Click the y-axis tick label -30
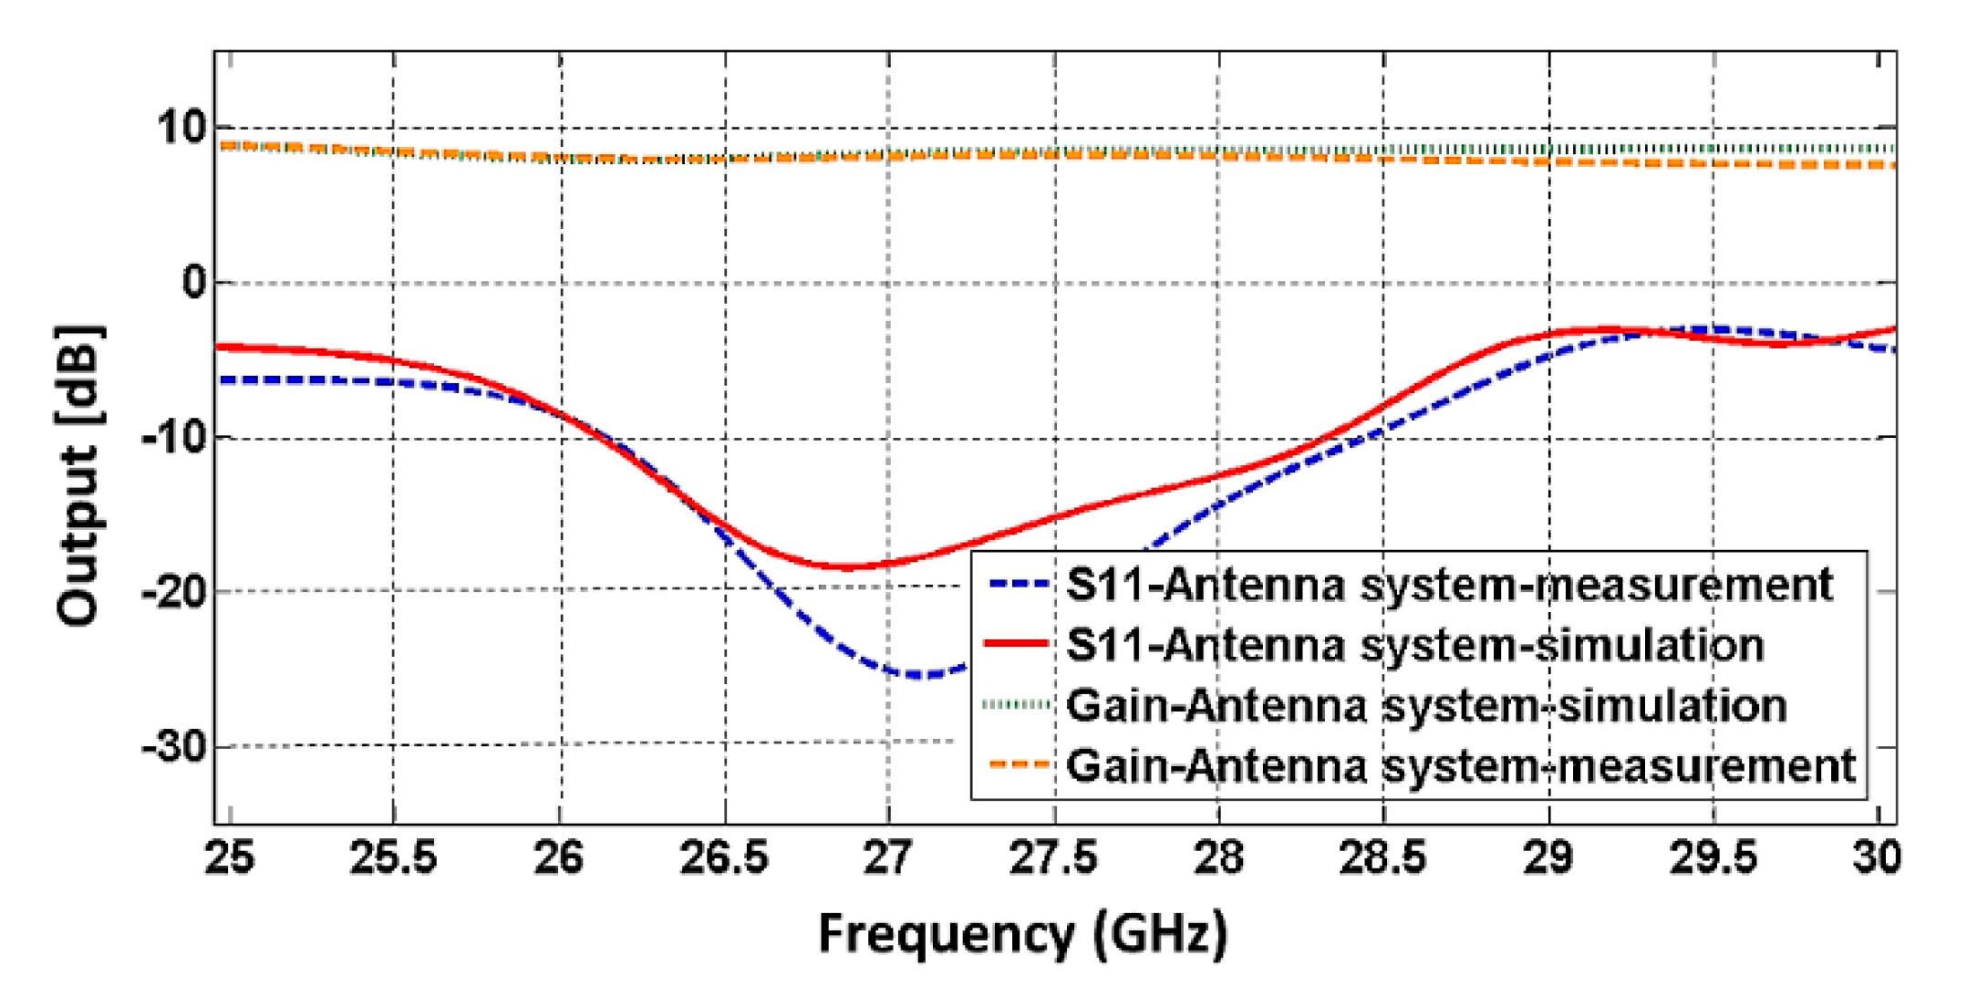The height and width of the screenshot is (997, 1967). pyautogui.click(x=174, y=747)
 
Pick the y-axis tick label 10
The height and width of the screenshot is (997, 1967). pyautogui.click(x=182, y=128)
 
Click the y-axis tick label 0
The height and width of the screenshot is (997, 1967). pyautogui.click(x=194, y=283)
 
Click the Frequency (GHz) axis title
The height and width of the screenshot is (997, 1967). pyautogui.click(x=1022, y=934)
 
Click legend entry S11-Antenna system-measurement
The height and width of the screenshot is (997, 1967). pyautogui.click(x=1449, y=585)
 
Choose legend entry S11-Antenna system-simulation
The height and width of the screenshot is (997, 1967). pyautogui.click(x=1414, y=645)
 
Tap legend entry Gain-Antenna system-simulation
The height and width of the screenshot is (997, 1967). pyautogui.click(x=1425, y=706)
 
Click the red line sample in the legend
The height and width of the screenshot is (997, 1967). pyautogui.click(x=1016, y=645)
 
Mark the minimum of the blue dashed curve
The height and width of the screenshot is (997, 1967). pyautogui.click(x=916, y=676)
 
